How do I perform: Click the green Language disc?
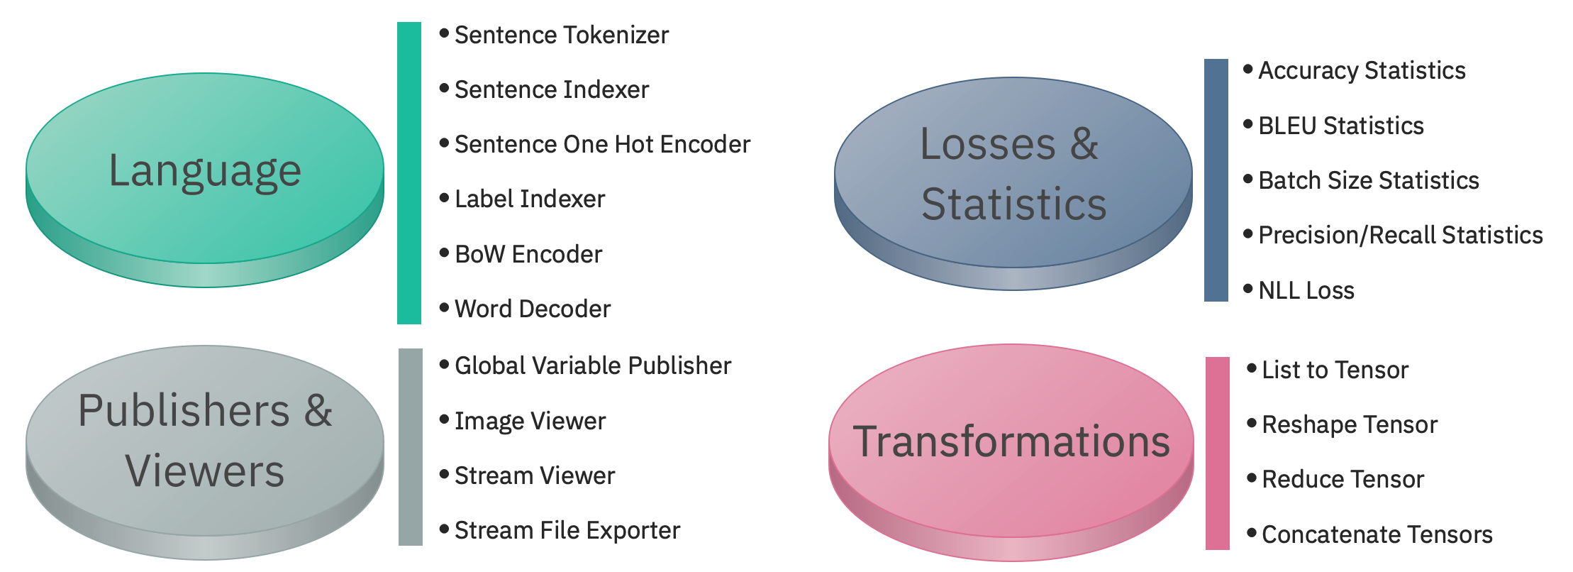(x=205, y=170)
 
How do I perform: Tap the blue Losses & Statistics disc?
(x=1013, y=174)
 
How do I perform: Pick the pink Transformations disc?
(x=1011, y=441)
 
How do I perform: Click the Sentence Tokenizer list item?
(x=561, y=35)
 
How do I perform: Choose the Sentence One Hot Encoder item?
(x=602, y=144)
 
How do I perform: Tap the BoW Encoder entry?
(x=528, y=254)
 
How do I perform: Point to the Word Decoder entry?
(x=533, y=309)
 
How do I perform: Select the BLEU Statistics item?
(x=1340, y=126)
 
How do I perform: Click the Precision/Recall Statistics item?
(x=1400, y=235)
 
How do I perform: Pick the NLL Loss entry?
(x=1306, y=290)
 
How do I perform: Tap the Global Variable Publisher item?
(x=593, y=365)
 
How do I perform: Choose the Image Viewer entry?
(x=530, y=421)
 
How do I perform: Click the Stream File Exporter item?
(x=567, y=530)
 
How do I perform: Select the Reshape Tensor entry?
(x=1349, y=424)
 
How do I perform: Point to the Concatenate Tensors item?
(x=1377, y=534)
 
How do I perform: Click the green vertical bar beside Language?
(x=409, y=173)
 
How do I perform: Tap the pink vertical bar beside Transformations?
(x=1217, y=453)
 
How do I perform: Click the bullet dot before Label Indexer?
(x=444, y=198)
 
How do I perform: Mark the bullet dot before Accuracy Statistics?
(x=1248, y=69)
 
